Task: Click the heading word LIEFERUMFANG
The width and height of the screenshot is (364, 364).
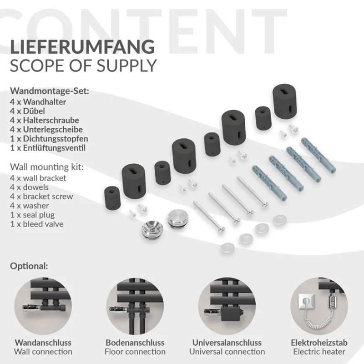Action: (82, 48)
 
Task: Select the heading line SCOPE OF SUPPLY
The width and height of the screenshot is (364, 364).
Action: (83, 66)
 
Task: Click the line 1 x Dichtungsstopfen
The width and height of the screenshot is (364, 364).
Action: (49, 138)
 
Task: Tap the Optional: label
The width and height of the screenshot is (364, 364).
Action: (29, 266)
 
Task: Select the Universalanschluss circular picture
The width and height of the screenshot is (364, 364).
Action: (227, 306)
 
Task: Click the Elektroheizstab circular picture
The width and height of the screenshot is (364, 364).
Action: (319, 306)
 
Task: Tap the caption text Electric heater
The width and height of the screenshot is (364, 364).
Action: (319, 351)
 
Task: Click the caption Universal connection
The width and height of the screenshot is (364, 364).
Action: (227, 351)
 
